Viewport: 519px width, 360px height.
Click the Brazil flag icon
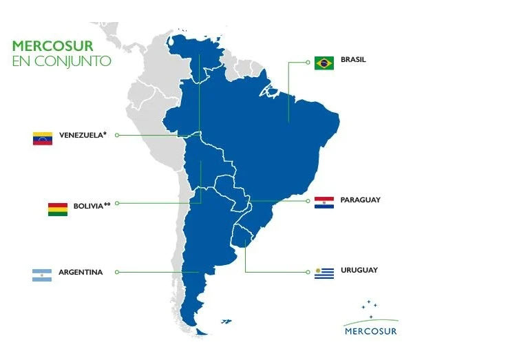pos(324,63)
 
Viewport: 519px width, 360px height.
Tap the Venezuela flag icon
pos(43,138)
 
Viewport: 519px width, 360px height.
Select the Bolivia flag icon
pos(58,209)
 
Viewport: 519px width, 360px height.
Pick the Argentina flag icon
pos(42,275)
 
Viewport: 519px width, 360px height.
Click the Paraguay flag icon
pos(324,202)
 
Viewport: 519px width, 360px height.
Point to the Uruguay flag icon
pos(324,273)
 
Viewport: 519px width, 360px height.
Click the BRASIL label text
pos(354,60)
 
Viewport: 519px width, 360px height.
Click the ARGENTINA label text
pos(81,272)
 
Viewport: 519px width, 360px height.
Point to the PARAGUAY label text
pos(360,200)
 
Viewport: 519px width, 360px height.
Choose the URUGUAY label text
pos(359,270)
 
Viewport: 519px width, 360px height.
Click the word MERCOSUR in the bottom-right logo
pos(370,330)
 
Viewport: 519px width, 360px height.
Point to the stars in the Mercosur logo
pos(370,306)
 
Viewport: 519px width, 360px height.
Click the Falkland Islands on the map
pos(225,320)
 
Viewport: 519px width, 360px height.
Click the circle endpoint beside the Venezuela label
pos(117,135)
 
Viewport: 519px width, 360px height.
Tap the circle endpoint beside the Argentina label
pos(117,272)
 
